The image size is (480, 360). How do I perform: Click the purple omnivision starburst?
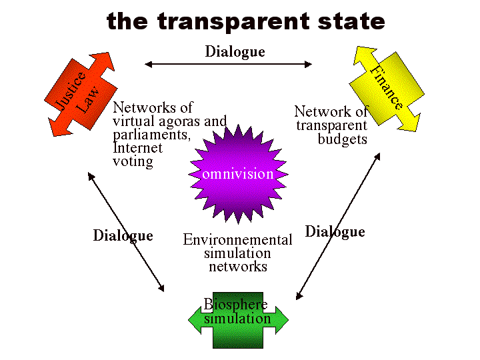[238, 175]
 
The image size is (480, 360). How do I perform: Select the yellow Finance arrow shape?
[387, 87]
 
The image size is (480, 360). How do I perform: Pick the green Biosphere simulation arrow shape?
[238, 321]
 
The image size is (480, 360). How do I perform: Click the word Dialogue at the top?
[235, 51]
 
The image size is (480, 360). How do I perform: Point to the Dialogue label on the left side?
[123, 235]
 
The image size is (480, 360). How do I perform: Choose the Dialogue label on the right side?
[335, 231]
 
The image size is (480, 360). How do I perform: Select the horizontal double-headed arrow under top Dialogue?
[228, 65]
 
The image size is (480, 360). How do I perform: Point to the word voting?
[133, 161]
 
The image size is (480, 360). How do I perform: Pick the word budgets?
[342, 139]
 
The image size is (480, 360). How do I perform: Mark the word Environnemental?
[237, 240]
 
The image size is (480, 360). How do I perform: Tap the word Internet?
[138, 148]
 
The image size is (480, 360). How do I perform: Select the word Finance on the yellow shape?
[387, 87]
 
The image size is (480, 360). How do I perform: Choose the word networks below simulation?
[238, 267]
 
